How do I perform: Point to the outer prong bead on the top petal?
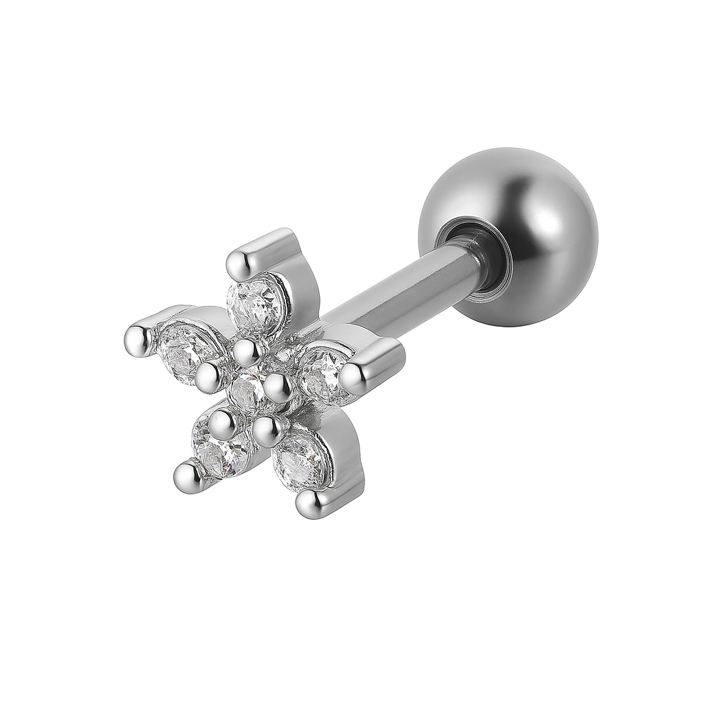[241, 262]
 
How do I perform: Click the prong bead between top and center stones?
[246, 352]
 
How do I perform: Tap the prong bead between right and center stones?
[278, 388]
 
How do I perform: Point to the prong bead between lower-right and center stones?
[269, 430]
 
